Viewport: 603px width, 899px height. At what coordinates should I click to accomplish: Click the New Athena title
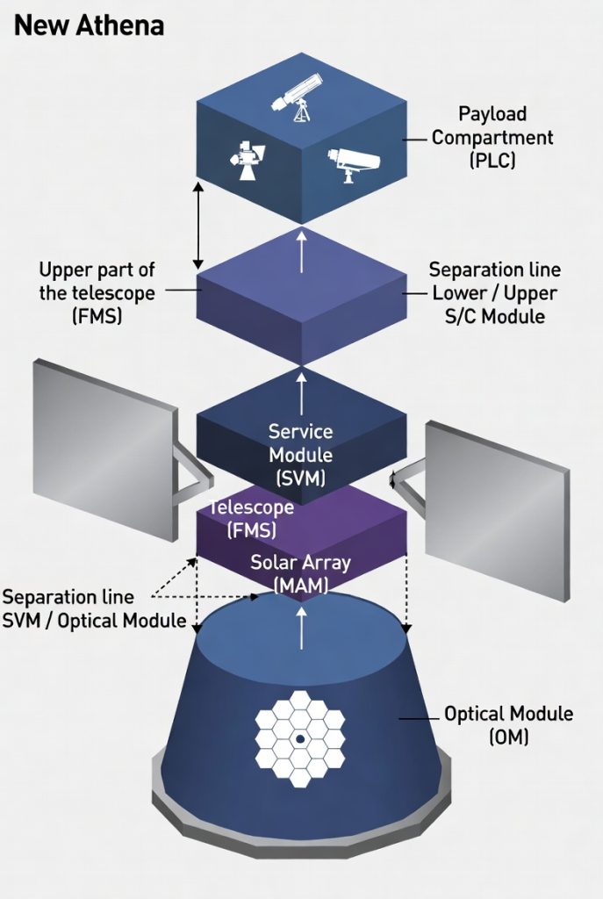click(x=89, y=25)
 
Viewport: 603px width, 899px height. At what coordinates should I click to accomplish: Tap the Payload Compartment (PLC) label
click(x=492, y=137)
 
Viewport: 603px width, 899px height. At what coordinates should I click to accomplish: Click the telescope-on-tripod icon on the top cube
click(x=297, y=97)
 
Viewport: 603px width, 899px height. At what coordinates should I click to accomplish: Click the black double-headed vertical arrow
click(x=198, y=226)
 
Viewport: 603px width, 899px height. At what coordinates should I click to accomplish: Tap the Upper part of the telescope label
click(x=97, y=292)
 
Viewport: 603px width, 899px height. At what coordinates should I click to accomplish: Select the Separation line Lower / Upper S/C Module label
click(x=495, y=292)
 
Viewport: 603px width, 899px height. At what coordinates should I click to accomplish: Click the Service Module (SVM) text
click(x=301, y=455)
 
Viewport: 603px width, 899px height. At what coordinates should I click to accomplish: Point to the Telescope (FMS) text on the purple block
click(x=251, y=519)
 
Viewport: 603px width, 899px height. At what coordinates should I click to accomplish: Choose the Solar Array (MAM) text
click(x=300, y=574)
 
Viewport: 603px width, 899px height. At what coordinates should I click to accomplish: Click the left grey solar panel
click(x=105, y=449)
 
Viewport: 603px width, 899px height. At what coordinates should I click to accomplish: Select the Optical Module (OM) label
click(x=508, y=724)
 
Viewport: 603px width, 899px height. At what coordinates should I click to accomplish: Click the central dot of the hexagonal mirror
click(x=300, y=739)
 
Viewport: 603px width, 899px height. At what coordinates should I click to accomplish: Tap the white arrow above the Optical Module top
click(x=302, y=628)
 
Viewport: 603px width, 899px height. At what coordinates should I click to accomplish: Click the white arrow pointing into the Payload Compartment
click(x=302, y=249)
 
